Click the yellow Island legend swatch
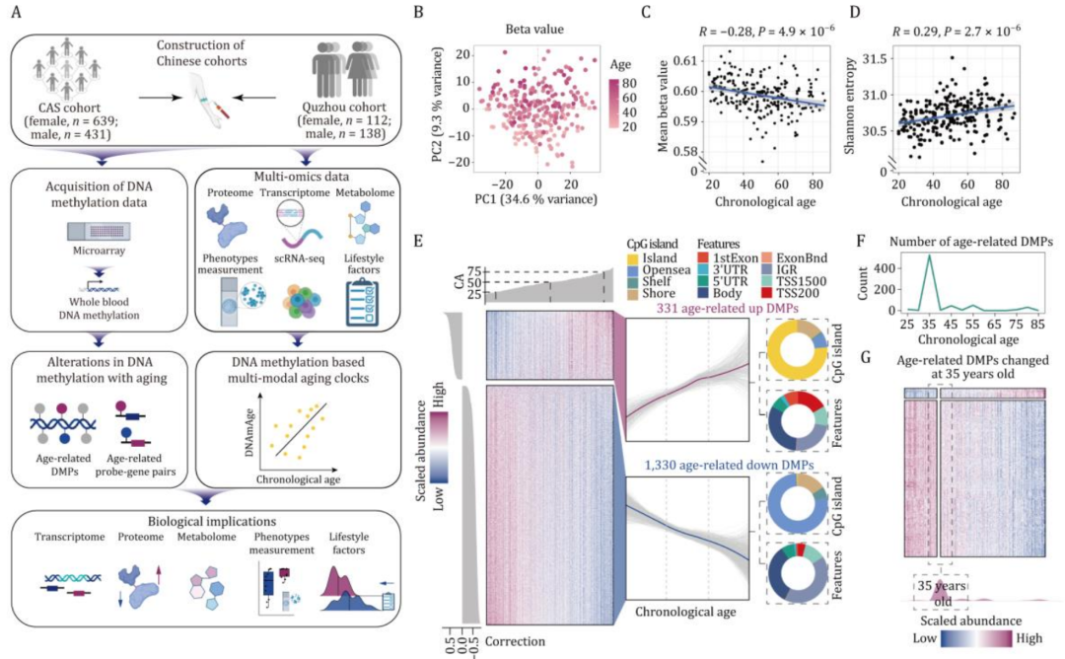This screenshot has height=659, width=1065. click(x=634, y=257)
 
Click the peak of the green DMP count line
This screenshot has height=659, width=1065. click(x=929, y=256)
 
